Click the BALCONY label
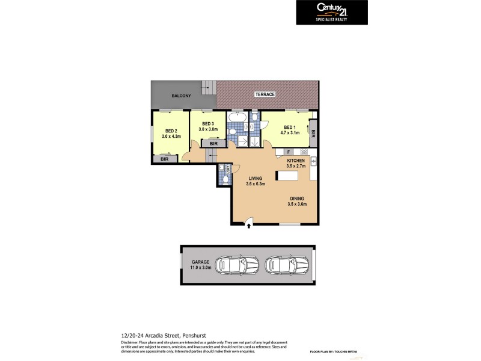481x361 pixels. pyautogui.click(x=181, y=96)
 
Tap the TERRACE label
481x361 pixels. pyautogui.click(x=265, y=94)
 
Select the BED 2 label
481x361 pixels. pyautogui.click(x=171, y=131)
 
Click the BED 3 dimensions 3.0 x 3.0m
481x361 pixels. pyautogui.click(x=205, y=129)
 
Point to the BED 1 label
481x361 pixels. pyautogui.click(x=289, y=127)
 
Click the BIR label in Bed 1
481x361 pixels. pyautogui.click(x=313, y=132)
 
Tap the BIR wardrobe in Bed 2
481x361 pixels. pyautogui.click(x=165, y=159)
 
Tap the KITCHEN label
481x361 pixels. pyautogui.click(x=296, y=161)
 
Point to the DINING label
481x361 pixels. pyautogui.click(x=297, y=199)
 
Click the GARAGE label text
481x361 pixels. pyautogui.click(x=200, y=262)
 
